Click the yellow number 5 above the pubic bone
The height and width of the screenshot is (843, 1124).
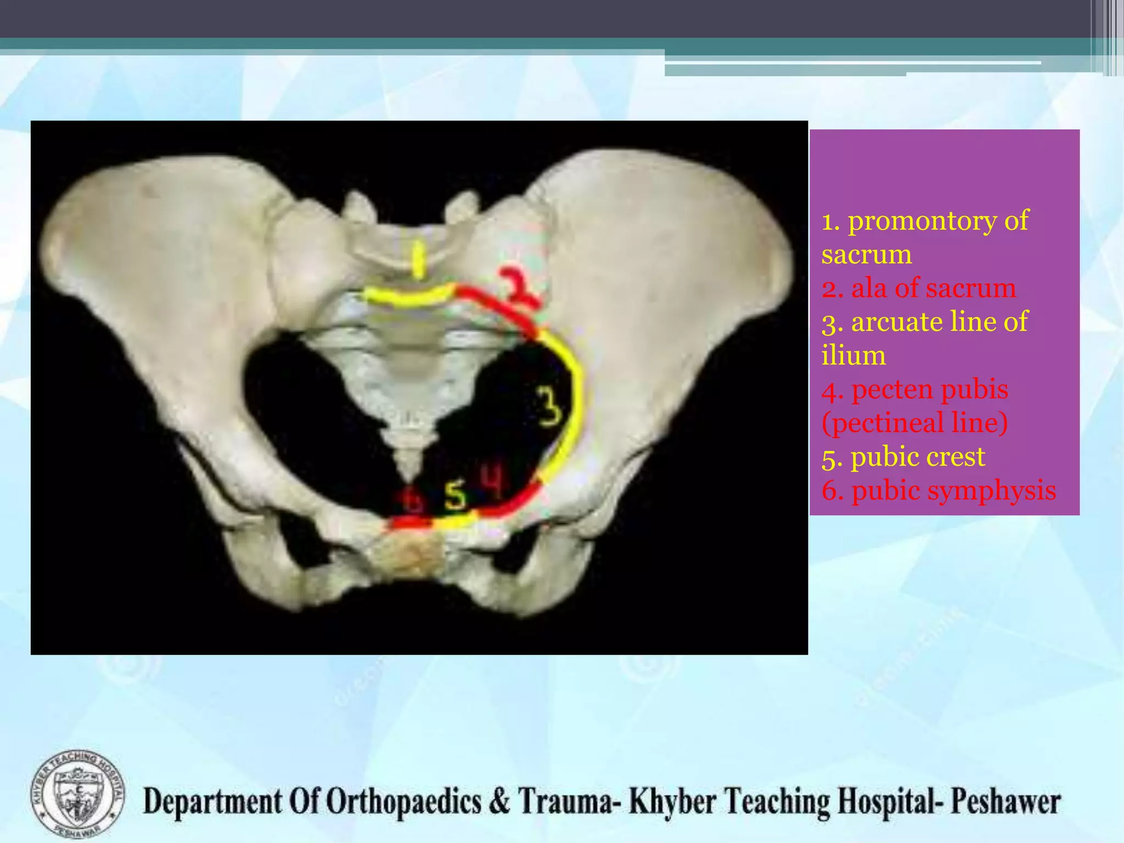[455, 495]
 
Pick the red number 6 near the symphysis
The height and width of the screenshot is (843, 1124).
[412, 499]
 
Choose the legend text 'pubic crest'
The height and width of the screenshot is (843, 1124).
[918, 457]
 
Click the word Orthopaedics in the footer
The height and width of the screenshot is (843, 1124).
[404, 802]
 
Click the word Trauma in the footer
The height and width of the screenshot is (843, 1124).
[565, 802]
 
